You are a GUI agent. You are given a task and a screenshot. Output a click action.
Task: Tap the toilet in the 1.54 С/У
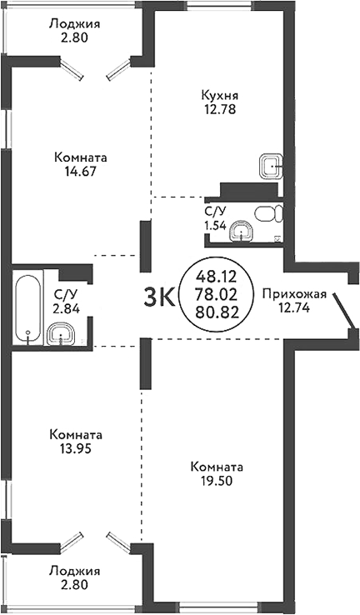[268, 214]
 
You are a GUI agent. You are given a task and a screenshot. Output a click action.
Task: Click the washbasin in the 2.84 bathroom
[60, 335]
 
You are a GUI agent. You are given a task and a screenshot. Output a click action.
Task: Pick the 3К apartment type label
[160, 296]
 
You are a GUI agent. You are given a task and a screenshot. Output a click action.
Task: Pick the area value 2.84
[66, 307]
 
